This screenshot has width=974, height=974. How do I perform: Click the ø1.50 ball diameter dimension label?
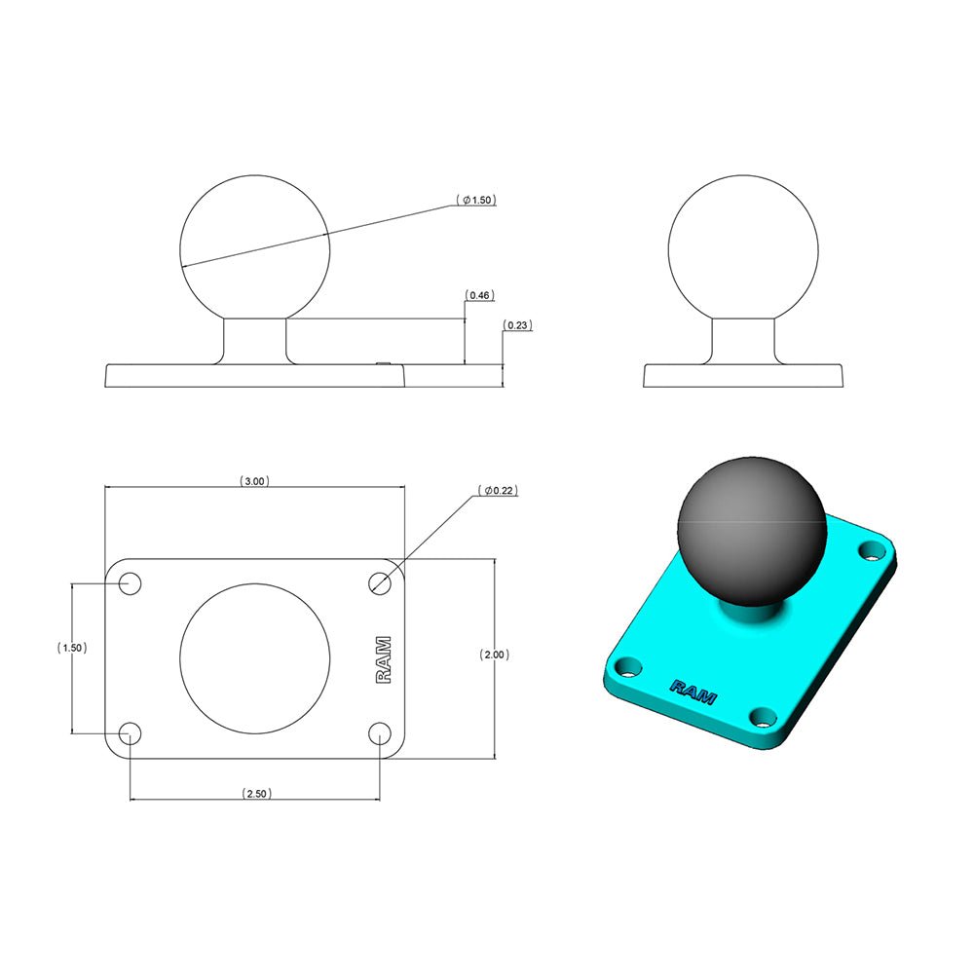tap(476, 200)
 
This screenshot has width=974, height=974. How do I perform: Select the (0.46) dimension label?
tap(478, 294)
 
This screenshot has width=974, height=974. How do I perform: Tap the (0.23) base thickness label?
tap(517, 325)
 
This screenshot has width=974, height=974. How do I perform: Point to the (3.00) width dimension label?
tap(254, 481)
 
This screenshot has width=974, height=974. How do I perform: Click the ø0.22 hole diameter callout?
tap(499, 491)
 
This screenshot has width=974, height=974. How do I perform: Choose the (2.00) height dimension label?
tap(494, 656)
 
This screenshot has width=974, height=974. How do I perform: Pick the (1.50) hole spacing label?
tap(72, 648)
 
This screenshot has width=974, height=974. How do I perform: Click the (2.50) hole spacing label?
tap(256, 794)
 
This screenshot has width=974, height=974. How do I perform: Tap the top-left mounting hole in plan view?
tap(130, 584)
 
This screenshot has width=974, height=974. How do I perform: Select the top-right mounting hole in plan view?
tap(381, 582)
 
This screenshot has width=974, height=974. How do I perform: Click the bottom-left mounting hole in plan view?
tap(130, 733)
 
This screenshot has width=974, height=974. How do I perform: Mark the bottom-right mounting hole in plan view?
tap(381, 733)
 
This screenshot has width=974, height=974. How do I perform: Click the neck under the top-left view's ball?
tap(256, 341)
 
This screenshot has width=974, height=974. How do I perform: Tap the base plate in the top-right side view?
tap(743, 375)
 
